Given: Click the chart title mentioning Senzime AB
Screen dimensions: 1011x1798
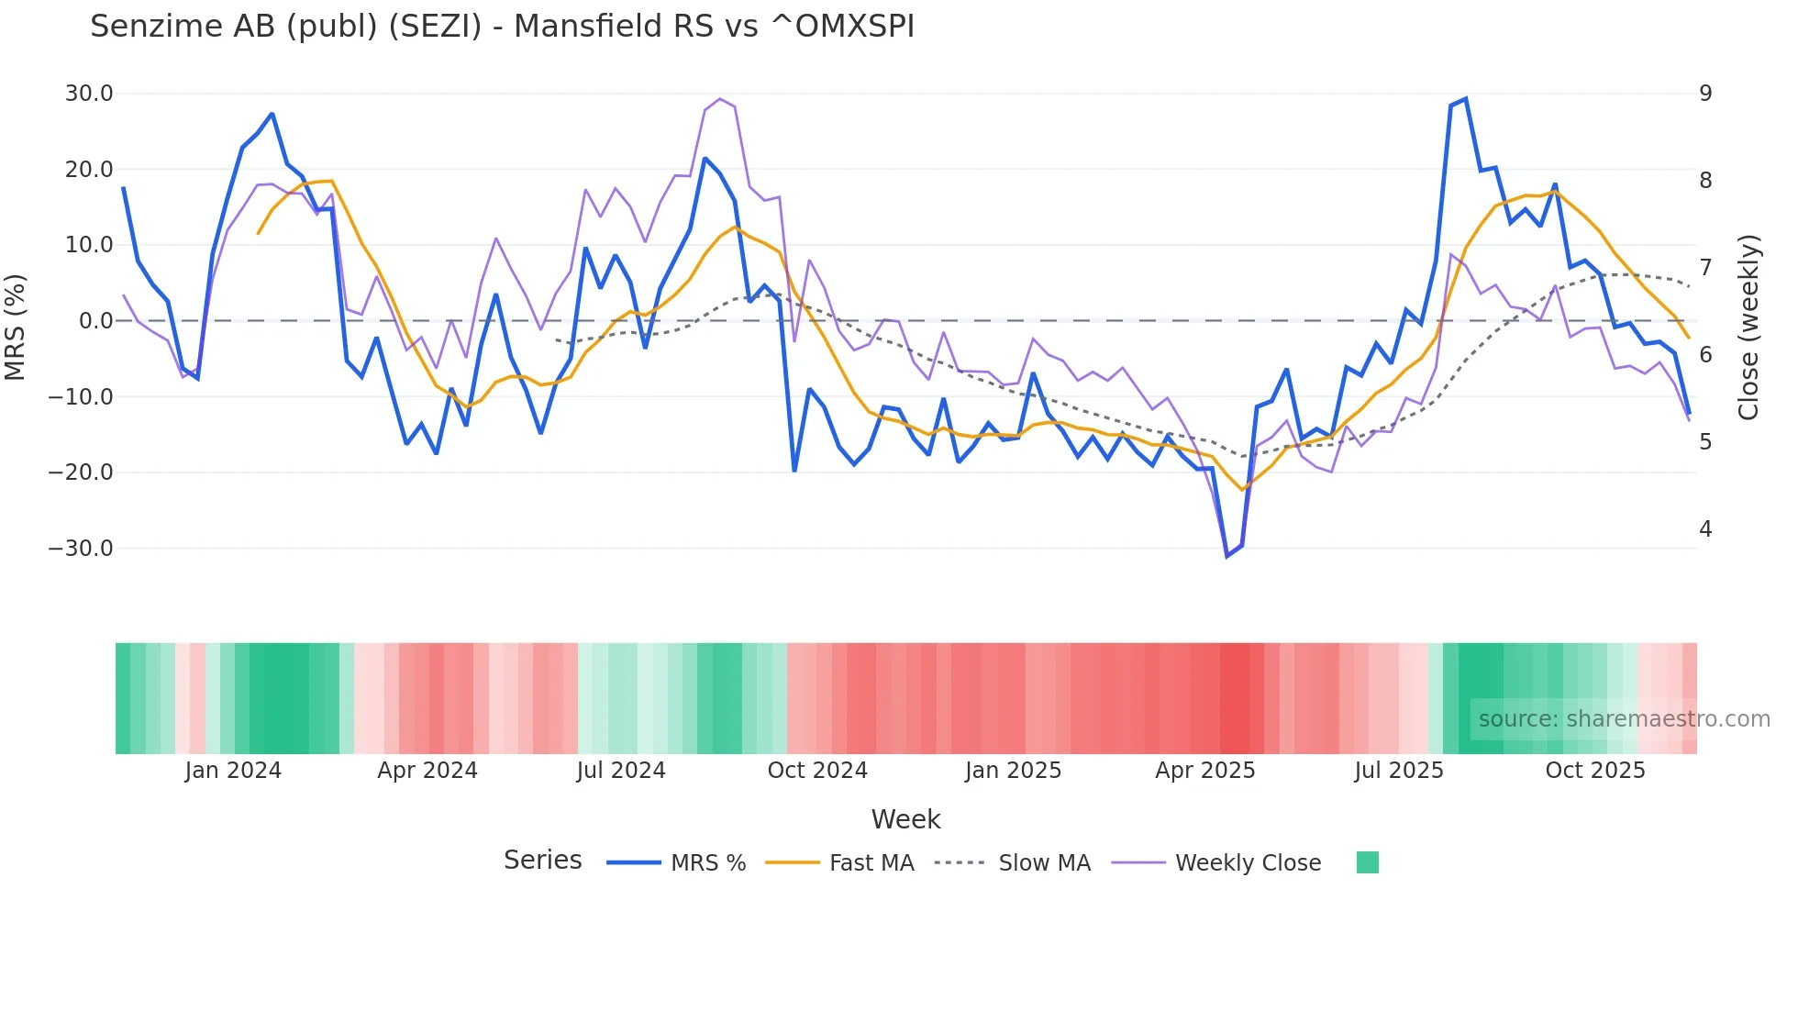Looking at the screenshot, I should coord(502,27).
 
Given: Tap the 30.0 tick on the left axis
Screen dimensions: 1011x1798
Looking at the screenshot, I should coord(89,94).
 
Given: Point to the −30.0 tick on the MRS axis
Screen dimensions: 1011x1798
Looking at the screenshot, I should coord(81,549).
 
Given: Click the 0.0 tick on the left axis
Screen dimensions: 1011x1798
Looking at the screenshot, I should coord(95,321).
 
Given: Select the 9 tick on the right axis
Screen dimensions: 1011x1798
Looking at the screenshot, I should coord(1705,94).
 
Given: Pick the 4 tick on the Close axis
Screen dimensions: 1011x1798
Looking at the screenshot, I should coord(1705,529).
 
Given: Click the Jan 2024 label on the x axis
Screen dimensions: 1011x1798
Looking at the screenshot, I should coord(233,771).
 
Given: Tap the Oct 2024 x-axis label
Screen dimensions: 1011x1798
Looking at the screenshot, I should coord(817,771).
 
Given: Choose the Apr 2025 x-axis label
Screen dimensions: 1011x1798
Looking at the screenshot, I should coord(1204,771).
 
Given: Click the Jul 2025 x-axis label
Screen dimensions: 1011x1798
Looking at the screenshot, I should coord(1398,771).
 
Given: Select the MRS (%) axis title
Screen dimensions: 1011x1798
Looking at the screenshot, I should coord(16,327).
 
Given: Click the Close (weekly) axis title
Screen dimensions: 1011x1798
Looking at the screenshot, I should coord(1748,327).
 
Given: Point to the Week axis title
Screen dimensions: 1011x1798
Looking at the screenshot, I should coord(905,819).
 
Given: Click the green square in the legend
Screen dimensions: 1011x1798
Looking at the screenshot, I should coord(1367,862).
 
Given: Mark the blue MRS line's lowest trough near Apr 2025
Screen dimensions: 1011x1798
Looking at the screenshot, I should coord(1226,556).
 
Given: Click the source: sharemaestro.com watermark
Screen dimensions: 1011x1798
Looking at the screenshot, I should coord(1624,719).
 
